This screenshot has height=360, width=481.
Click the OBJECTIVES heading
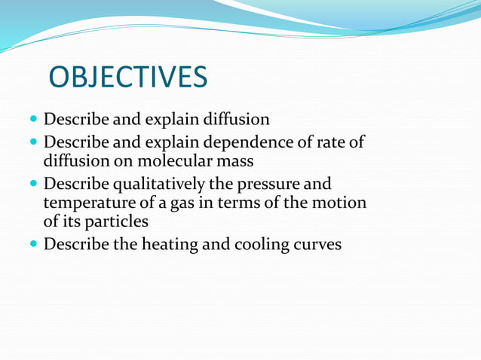pos(127,78)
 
